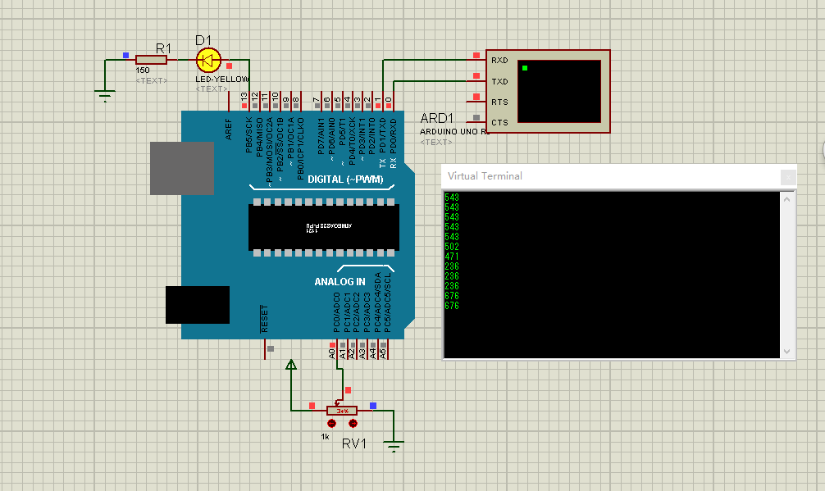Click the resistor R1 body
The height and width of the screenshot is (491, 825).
click(x=151, y=60)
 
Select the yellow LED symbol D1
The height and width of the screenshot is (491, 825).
click(x=208, y=60)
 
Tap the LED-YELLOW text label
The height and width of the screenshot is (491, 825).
click(x=221, y=80)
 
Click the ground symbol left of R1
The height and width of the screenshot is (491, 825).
click(x=104, y=95)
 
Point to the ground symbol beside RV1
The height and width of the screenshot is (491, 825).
click(x=394, y=446)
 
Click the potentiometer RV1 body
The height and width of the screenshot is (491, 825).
click(x=342, y=410)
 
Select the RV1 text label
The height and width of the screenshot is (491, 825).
click(x=354, y=443)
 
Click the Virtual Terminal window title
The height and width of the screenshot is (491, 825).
click(x=485, y=176)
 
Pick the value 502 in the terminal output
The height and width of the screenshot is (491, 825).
click(x=452, y=247)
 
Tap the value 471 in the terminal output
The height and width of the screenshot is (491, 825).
click(x=452, y=257)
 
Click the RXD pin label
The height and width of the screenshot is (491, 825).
click(x=499, y=61)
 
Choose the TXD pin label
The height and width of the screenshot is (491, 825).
click(x=499, y=82)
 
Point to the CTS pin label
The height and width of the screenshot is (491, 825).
click(x=499, y=123)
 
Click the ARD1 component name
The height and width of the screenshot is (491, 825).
click(x=436, y=119)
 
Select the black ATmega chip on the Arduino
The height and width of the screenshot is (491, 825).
click(x=324, y=227)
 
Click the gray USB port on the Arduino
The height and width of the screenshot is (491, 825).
click(x=182, y=168)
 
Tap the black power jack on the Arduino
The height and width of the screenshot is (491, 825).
click(x=197, y=305)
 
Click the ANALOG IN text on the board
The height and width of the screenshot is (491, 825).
click(x=340, y=282)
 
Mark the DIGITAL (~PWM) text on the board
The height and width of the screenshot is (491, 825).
click(x=345, y=180)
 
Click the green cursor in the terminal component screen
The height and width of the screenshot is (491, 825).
click(x=525, y=67)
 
